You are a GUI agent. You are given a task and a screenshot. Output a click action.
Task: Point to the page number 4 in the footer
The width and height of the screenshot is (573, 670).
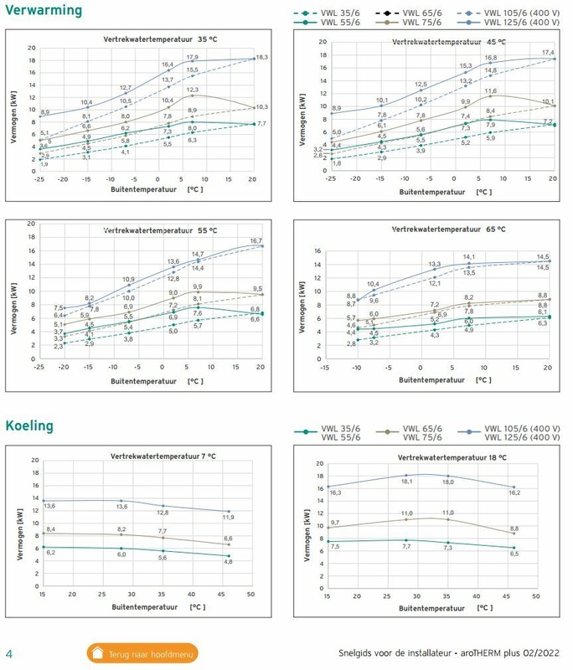click(x=9, y=652)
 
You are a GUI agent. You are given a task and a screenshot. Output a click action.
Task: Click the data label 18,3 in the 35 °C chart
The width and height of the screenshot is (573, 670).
click(x=261, y=58)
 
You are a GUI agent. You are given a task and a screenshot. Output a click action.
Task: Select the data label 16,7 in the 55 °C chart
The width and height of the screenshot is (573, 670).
click(x=256, y=241)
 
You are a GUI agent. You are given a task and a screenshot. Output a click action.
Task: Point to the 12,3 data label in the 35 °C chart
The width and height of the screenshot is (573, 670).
click(x=192, y=90)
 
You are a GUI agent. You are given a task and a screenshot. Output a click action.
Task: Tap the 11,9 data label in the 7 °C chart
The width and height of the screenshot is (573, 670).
click(x=229, y=518)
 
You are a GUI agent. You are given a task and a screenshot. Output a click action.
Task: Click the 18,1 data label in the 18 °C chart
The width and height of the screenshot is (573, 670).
click(x=406, y=482)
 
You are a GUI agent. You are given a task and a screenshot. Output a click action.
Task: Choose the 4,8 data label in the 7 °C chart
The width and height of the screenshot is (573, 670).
click(x=228, y=561)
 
